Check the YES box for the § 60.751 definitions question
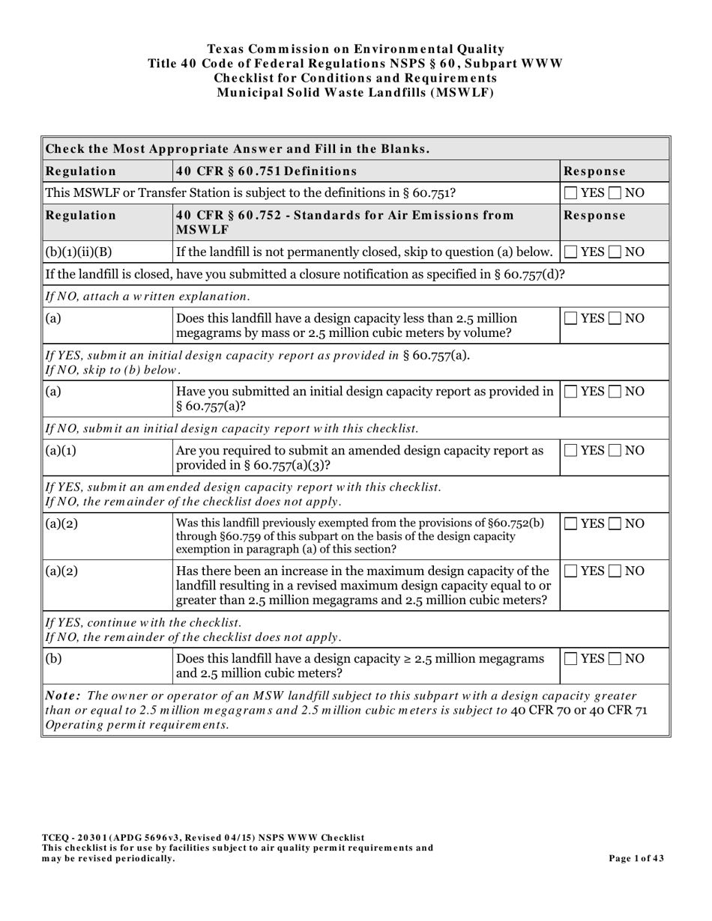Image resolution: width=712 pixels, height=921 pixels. [571, 193]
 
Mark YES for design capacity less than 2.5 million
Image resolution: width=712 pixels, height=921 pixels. [571, 319]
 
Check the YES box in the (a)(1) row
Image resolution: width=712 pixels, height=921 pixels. [571, 451]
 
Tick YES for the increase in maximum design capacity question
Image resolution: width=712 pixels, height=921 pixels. [571, 571]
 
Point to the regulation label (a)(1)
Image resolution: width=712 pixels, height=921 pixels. [61, 451]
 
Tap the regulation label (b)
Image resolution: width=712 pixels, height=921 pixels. [54, 659]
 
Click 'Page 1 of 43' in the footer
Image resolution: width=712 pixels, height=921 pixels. [638, 858]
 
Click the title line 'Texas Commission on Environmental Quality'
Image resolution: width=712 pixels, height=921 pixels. [355, 49]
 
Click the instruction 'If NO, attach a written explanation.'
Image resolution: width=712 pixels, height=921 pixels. [148, 296]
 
